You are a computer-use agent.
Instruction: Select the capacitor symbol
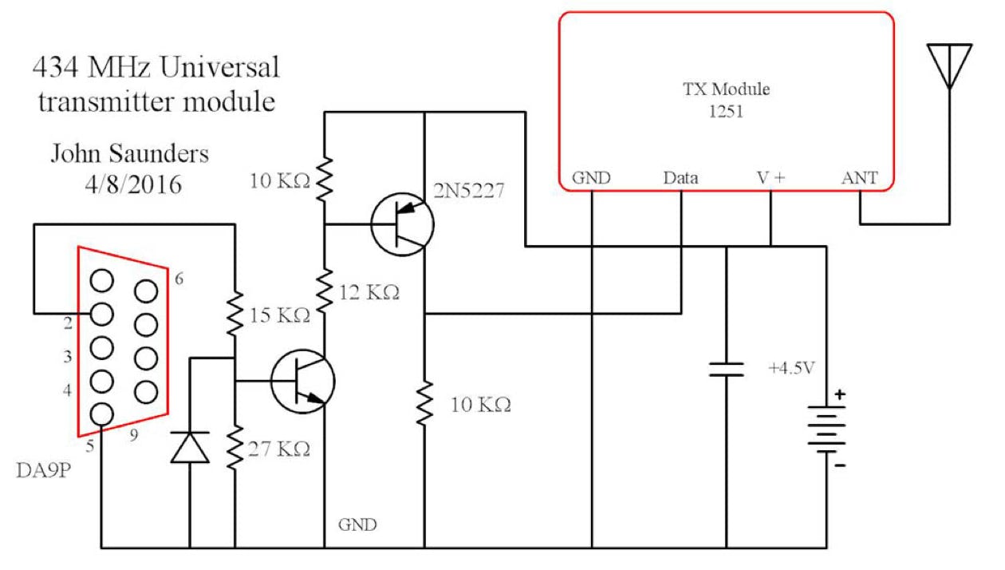pyautogui.click(x=727, y=369)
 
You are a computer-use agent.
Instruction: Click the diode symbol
pyautogui.click(x=190, y=446)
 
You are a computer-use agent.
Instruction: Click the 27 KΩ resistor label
pyautogui.click(x=280, y=449)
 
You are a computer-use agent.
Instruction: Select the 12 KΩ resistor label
pyautogui.click(x=369, y=293)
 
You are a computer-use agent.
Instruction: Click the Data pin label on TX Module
pyautogui.click(x=680, y=178)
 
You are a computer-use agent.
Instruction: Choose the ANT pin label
pyautogui.click(x=859, y=178)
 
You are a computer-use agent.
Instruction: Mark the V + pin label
pyautogui.click(x=770, y=178)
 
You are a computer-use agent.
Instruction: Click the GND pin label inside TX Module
pyautogui.click(x=592, y=178)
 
